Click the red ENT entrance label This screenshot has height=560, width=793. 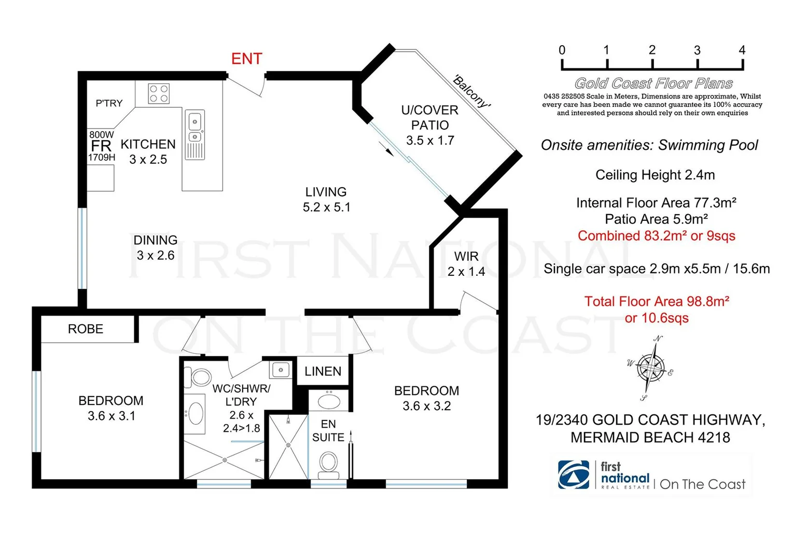point(246,59)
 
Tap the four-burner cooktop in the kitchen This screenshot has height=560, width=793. point(159,94)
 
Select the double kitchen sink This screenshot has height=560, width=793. point(195,130)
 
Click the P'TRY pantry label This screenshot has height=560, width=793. point(109,103)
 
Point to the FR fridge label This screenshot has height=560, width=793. point(101,146)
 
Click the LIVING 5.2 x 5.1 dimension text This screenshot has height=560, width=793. point(326,207)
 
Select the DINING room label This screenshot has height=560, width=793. point(156,240)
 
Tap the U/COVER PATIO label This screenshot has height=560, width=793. point(429,118)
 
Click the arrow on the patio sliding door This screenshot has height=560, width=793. point(389,150)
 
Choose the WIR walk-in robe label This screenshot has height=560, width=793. point(466,256)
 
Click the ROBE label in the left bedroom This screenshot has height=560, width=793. point(86,329)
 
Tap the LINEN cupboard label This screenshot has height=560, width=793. point(323,371)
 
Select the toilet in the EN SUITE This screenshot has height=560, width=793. point(328,463)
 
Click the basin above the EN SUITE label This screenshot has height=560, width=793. point(329,401)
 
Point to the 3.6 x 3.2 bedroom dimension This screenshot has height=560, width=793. point(426,406)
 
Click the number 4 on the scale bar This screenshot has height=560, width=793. point(742,50)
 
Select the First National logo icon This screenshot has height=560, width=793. point(573,474)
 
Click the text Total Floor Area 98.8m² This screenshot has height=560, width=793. point(657,301)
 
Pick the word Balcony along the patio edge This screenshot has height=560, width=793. point(471,91)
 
